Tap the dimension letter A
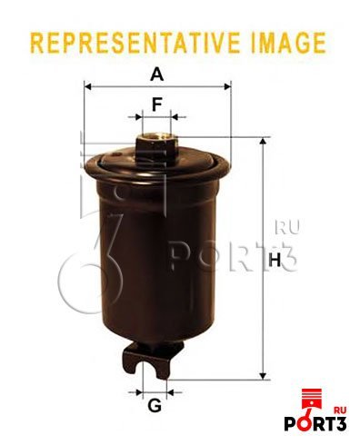point(156,74)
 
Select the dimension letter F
point(156,104)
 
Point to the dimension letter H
point(275,260)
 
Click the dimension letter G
point(155,405)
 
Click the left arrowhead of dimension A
point(88,87)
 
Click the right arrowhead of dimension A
point(227,87)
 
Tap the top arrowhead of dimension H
point(264,142)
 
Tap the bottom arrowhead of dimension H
point(264,376)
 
